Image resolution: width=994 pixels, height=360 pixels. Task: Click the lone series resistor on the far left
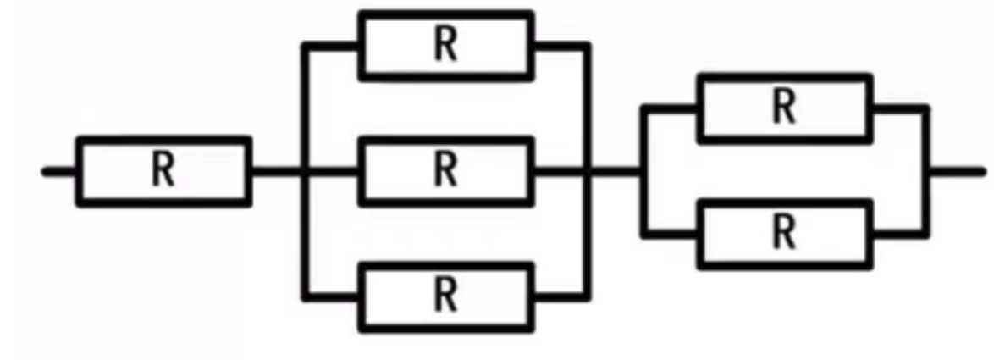click(x=163, y=170)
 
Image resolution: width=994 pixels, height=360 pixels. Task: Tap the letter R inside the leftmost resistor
click(x=163, y=171)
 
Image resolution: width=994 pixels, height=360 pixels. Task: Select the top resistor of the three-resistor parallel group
click(x=446, y=46)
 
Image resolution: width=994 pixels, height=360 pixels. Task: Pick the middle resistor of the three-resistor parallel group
click(x=446, y=170)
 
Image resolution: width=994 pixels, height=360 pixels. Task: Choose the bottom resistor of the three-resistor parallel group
click(x=446, y=296)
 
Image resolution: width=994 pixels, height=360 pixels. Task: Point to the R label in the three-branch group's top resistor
click(x=446, y=47)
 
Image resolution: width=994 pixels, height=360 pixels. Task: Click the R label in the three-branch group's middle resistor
click(x=446, y=171)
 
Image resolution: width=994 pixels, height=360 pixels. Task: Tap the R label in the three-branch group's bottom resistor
click(x=446, y=296)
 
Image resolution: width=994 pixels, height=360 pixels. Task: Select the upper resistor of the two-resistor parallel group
click(x=785, y=108)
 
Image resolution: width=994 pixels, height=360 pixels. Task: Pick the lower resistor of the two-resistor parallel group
click(x=785, y=233)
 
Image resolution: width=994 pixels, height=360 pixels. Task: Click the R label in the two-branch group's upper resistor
click(x=785, y=108)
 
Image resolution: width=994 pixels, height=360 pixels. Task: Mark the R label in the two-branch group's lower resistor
click(x=785, y=234)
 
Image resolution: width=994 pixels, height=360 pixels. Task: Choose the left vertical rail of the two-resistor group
click(x=644, y=203)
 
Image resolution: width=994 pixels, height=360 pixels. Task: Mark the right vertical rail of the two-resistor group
click(x=927, y=203)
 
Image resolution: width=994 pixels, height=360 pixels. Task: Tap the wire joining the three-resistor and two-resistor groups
click(x=616, y=171)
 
